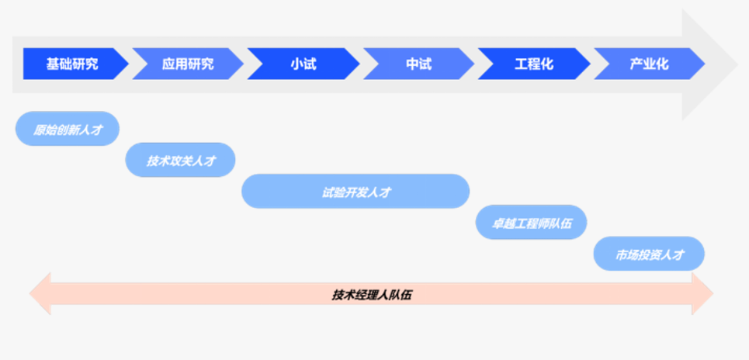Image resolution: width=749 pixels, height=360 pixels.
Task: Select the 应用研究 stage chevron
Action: [x=188, y=64]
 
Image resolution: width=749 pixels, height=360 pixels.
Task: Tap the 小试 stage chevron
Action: [x=303, y=64]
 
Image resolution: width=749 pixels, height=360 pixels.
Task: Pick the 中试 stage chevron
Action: [x=419, y=64]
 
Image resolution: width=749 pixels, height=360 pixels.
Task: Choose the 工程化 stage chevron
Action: [x=534, y=64]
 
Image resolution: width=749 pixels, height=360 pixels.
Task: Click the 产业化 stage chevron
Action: [x=649, y=64]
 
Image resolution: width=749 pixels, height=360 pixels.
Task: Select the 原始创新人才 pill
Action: [x=68, y=129]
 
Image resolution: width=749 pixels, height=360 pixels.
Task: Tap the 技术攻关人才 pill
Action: [x=180, y=160]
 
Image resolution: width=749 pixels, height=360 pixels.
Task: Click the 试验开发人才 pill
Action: [x=355, y=192]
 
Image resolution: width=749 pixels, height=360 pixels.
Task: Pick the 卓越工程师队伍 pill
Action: [x=531, y=223]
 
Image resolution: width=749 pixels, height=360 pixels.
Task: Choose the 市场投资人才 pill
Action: [x=649, y=254]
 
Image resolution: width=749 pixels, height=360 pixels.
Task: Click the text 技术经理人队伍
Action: [x=372, y=295]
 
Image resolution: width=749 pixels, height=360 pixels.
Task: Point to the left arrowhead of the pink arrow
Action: [x=40, y=293]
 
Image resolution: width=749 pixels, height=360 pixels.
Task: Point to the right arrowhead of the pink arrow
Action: [x=702, y=293]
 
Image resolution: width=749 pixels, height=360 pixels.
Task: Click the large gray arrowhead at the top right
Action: [x=710, y=64]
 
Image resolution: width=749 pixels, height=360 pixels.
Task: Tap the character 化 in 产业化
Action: [x=662, y=64]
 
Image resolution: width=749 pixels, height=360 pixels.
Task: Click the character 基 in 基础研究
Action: [x=53, y=64]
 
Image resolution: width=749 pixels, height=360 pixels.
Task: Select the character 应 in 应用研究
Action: [x=168, y=64]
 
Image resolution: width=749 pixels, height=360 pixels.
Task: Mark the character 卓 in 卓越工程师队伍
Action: [x=497, y=223]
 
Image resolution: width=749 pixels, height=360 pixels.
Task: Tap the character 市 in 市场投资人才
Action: [x=620, y=254]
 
